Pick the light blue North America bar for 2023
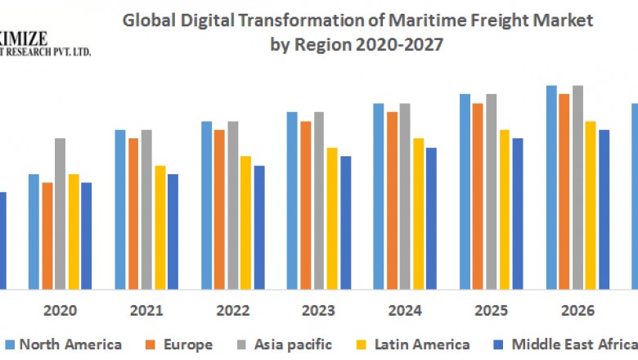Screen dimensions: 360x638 [x=292, y=200]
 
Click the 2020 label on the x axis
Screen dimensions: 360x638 [x=60, y=311]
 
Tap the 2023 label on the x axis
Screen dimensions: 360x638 [x=318, y=311]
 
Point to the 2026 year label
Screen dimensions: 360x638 [x=577, y=311]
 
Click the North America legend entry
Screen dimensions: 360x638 [x=70, y=344]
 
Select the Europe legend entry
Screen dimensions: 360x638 [x=187, y=344]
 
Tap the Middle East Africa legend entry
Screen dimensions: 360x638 [x=573, y=344]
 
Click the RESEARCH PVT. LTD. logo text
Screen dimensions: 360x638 [x=49, y=51]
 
